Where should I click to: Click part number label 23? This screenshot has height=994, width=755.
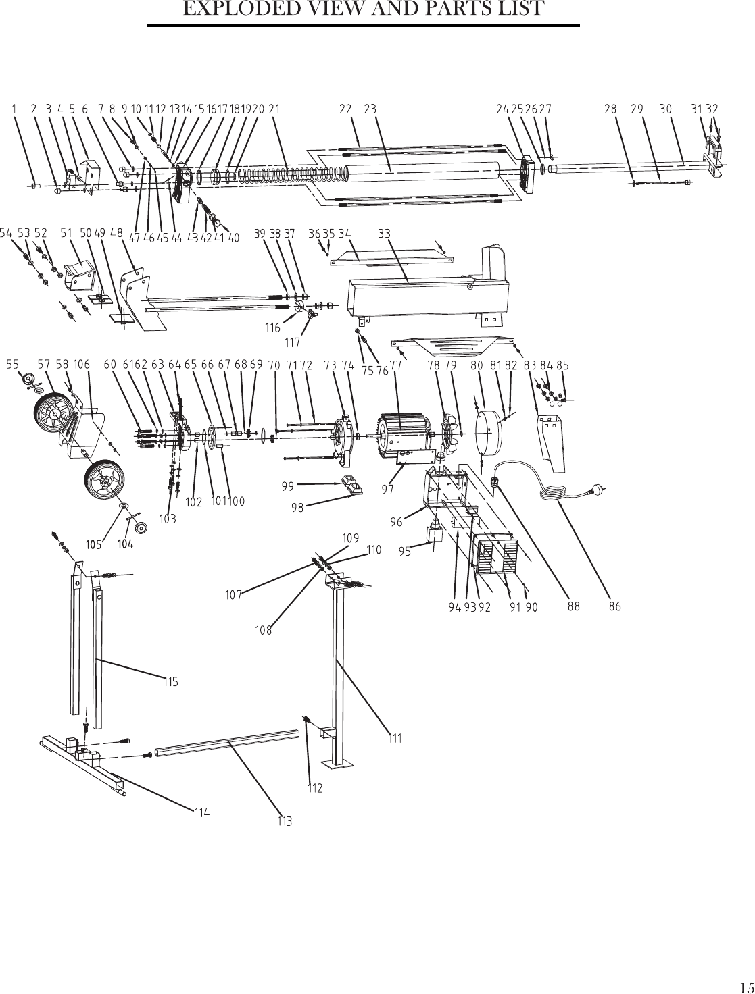pyautogui.click(x=370, y=109)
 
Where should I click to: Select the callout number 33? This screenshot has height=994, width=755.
pyautogui.click(x=385, y=234)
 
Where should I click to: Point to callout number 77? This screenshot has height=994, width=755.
pyautogui.click(x=395, y=365)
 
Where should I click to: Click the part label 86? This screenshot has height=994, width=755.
pyautogui.click(x=615, y=606)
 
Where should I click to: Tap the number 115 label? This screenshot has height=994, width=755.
pyautogui.click(x=171, y=681)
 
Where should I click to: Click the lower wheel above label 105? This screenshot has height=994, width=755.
pyautogui.click(x=104, y=480)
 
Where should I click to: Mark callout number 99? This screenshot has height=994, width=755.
pyautogui.click(x=288, y=486)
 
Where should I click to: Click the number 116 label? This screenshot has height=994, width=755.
pyautogui.click(x=273, y=328)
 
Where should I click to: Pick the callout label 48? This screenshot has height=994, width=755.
pyautogui.click(x=116, y=233)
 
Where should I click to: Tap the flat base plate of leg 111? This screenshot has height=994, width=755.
pyautogui.click(x=336, y=764)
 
